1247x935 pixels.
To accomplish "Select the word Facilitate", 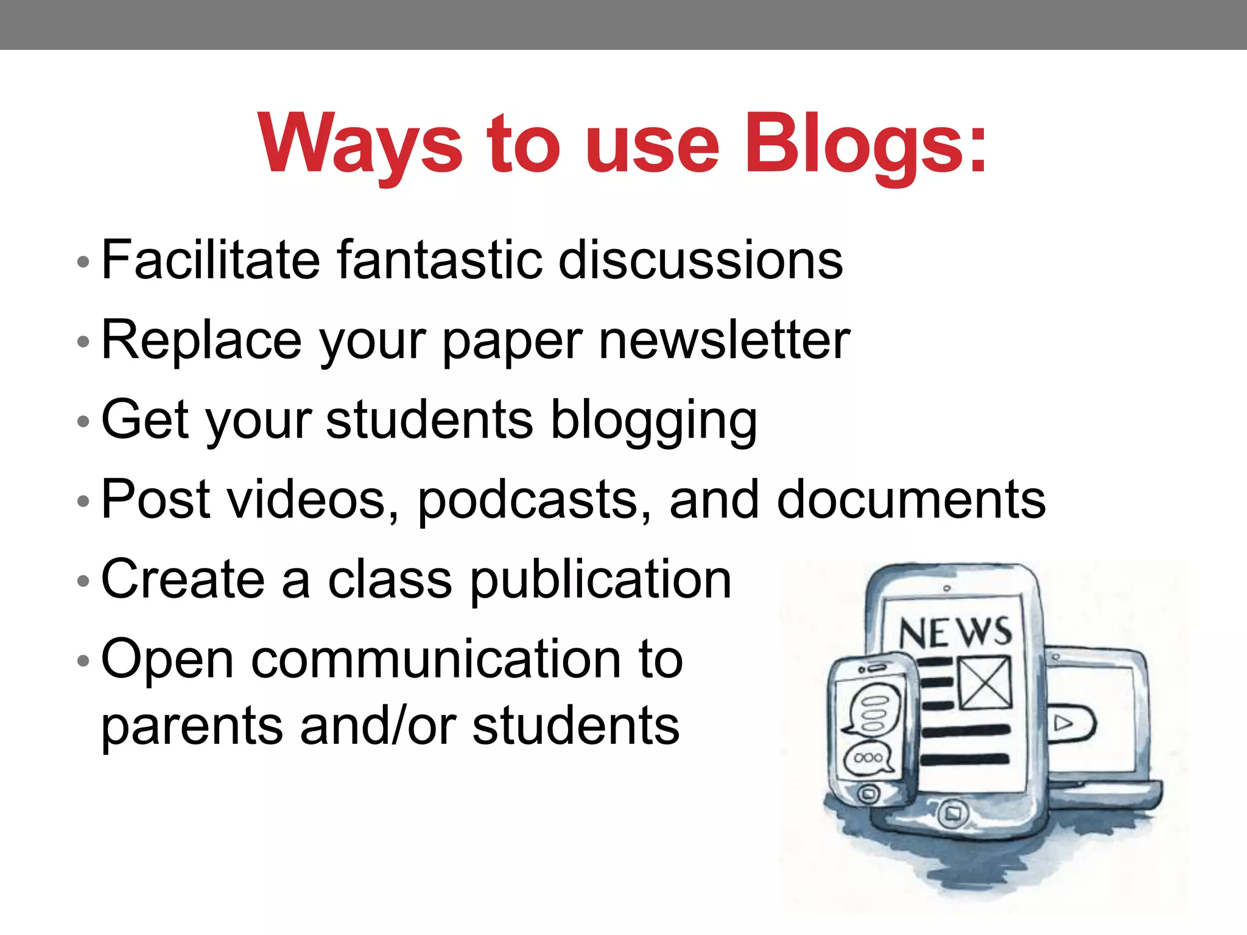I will pos(211,260).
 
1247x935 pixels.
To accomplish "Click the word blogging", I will pos(654,421).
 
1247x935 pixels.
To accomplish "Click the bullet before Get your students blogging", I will pos(83,421).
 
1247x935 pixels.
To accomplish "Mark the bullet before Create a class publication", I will pos(83,580).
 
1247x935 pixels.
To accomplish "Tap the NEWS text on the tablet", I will pos(955,633).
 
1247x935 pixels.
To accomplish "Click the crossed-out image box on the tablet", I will pos(985,682).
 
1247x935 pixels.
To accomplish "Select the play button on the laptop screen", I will pos(1064,723).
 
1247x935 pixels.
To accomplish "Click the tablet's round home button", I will pos(952,813).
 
